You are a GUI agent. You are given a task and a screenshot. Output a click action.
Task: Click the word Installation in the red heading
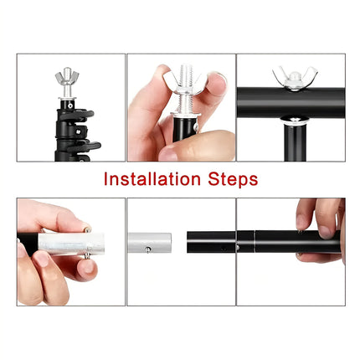point(152,179)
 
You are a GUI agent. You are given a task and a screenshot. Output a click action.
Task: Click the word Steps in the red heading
point(230,179)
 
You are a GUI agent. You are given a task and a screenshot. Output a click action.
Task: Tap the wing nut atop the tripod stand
point(70,84)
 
